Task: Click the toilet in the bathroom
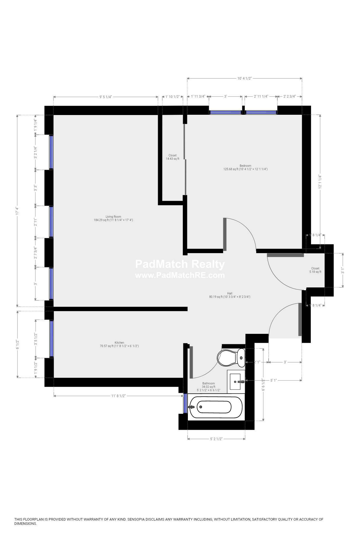231,358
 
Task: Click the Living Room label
113,217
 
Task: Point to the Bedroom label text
245,166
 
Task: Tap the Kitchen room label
119,343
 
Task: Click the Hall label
230,293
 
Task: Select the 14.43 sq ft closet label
172,157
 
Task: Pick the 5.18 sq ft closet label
315,270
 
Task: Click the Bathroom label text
208,383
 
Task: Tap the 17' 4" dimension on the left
17,211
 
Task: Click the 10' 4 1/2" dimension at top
244,78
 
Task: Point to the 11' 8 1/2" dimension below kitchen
118,396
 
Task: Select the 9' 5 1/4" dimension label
105,97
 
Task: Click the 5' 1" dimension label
273,380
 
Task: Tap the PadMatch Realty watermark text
180,264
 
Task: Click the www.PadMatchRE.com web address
180,275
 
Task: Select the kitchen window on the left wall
51,339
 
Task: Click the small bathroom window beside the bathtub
185,403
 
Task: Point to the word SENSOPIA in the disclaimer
138,519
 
